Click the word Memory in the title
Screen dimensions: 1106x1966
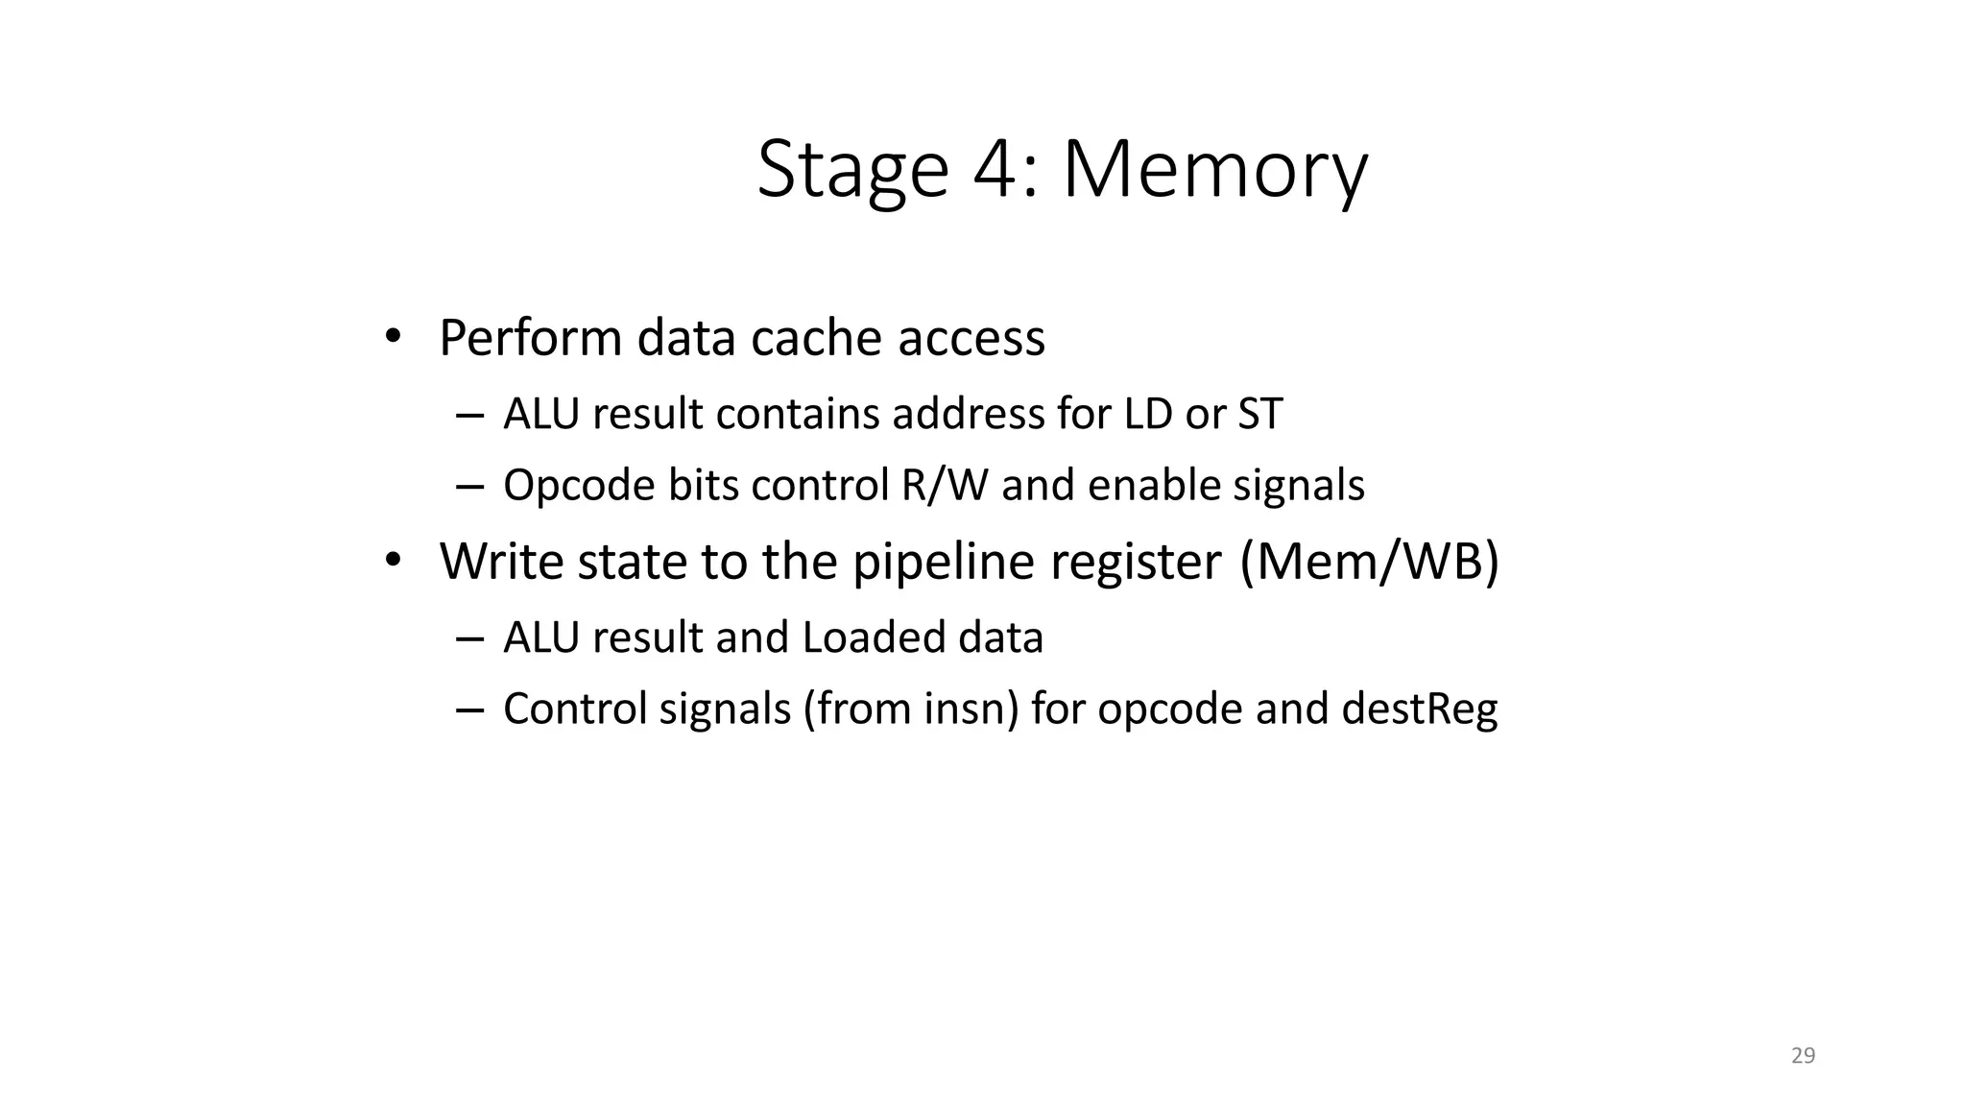click(x=1214, y=170)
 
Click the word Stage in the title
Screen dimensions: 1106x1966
click(x=853, y=170)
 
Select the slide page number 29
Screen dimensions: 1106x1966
click(x=1803, y=1056)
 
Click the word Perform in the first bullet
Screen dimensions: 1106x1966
click(x=530, y=338)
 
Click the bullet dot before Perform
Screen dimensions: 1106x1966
click(x=392, y=336)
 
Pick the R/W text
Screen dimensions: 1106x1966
click(x=945, y=485)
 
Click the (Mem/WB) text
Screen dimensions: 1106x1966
click(x=1369, y=562)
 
